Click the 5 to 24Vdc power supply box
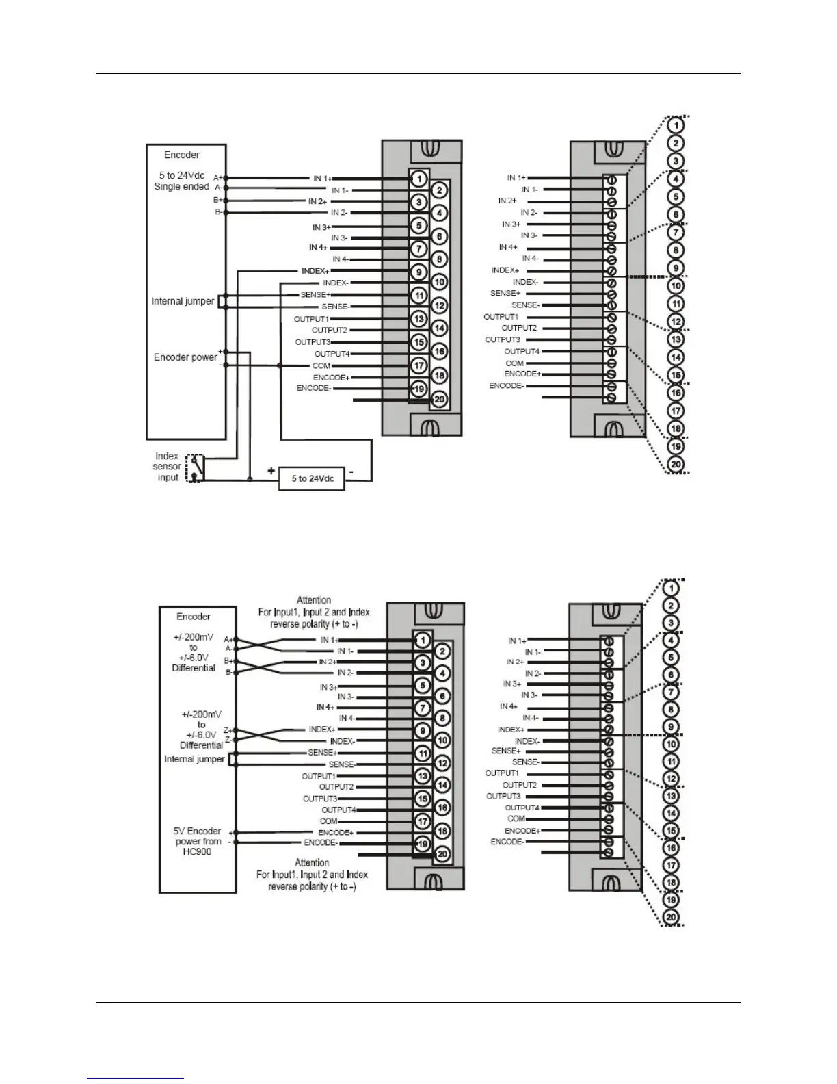point(311,478)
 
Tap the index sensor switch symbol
point(196,467)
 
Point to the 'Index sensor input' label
point(168,467)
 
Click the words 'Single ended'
point(181,187)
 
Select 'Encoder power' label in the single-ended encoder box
point(185,357)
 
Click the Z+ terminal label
point(228,730)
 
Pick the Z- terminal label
point(228,740)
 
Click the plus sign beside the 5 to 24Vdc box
point(271,471)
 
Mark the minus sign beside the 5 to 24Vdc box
point(351,471)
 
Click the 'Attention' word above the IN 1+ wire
point(314,600)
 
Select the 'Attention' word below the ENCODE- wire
point(312,863)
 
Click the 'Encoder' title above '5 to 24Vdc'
point(181,155)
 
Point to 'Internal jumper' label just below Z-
point(194,759)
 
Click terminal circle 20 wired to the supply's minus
point(440,400)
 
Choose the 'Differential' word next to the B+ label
point(194,668)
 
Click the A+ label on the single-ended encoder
point(217,177)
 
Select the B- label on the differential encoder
point(228,673)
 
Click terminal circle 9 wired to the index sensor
point(418,272)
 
